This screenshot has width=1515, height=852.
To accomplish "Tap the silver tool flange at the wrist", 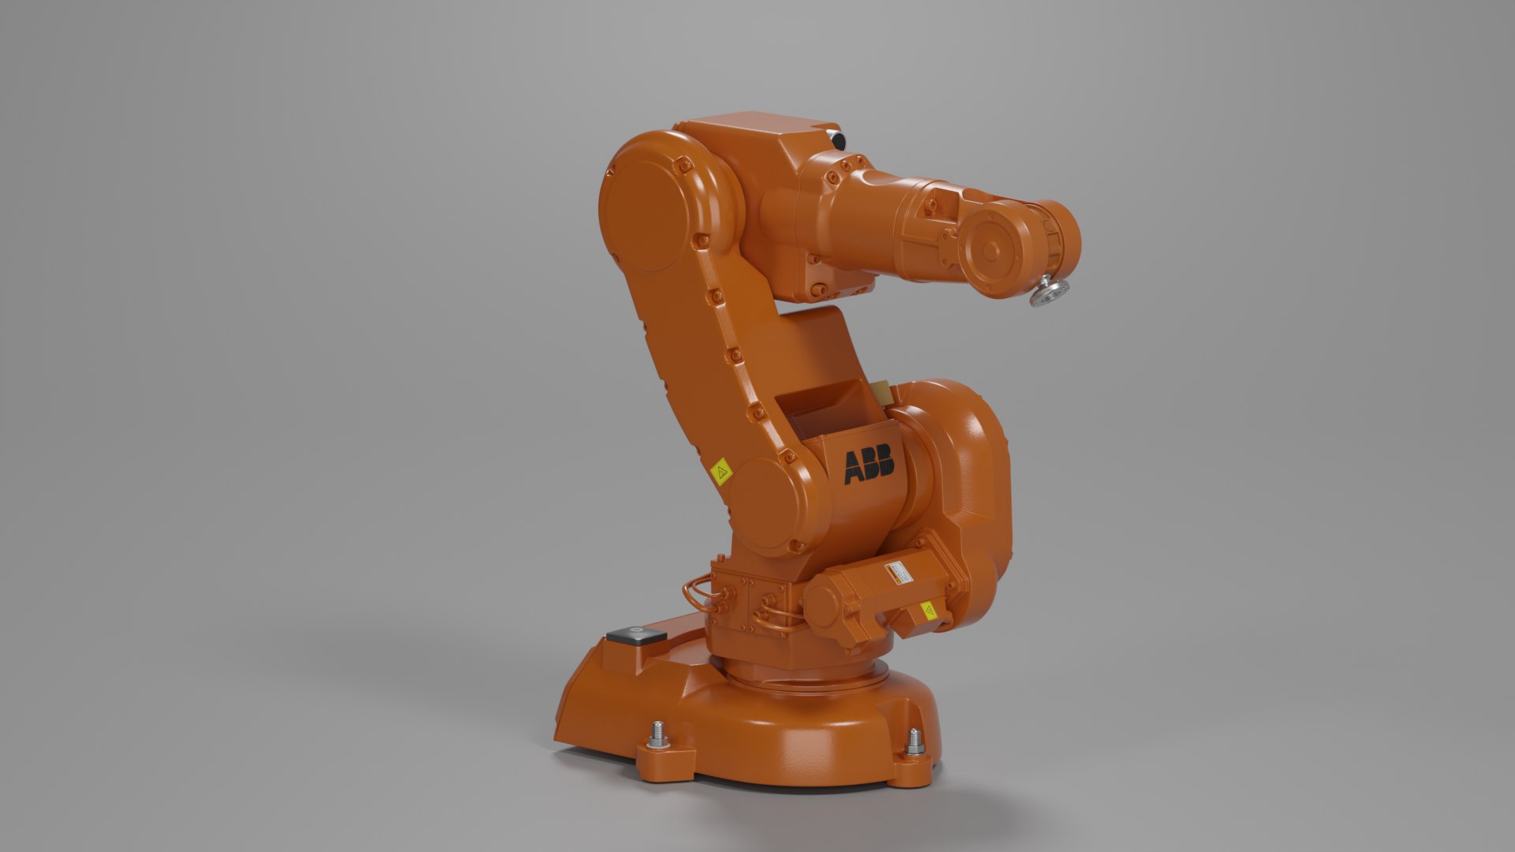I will tap(1049, 291).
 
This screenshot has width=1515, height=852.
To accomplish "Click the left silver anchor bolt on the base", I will tap(656, 735).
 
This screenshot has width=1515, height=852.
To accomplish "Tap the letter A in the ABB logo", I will tap(855, 467).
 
